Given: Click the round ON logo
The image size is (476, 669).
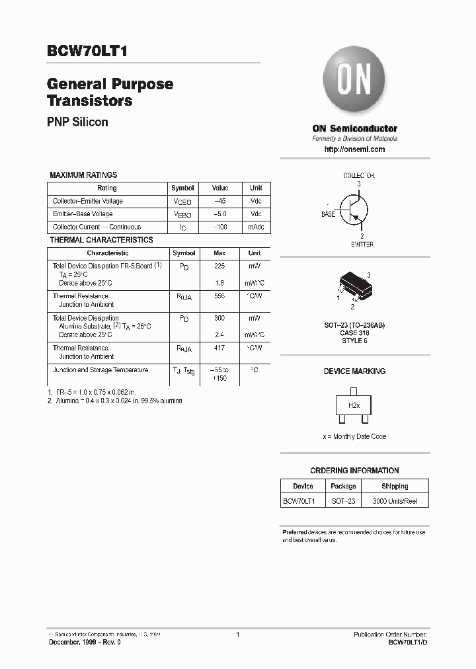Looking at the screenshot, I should coord(354,83).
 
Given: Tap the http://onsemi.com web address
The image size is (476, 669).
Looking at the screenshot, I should coord(354,149).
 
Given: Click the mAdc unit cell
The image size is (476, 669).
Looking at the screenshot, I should coord(255,227).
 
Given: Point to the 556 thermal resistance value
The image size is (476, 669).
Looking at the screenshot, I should coord(219,297).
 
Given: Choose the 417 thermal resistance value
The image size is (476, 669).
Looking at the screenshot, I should coord(219,348).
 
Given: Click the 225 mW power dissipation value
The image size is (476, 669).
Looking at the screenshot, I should coord(219,266).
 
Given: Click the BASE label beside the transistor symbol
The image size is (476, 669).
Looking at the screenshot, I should coord(328,214).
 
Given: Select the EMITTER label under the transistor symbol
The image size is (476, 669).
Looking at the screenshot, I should coord(362,245).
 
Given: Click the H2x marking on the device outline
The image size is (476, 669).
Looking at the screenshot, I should coord(354,405).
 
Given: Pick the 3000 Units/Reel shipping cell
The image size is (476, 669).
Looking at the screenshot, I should coord(395,501).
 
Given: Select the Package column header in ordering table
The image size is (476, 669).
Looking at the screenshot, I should coord(343,487).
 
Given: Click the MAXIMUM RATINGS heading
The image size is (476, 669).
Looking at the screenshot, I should coord(83,175).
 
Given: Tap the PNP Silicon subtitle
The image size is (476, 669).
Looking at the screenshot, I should coord(77,122).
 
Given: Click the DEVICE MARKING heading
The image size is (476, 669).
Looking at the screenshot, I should coord(354,372).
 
